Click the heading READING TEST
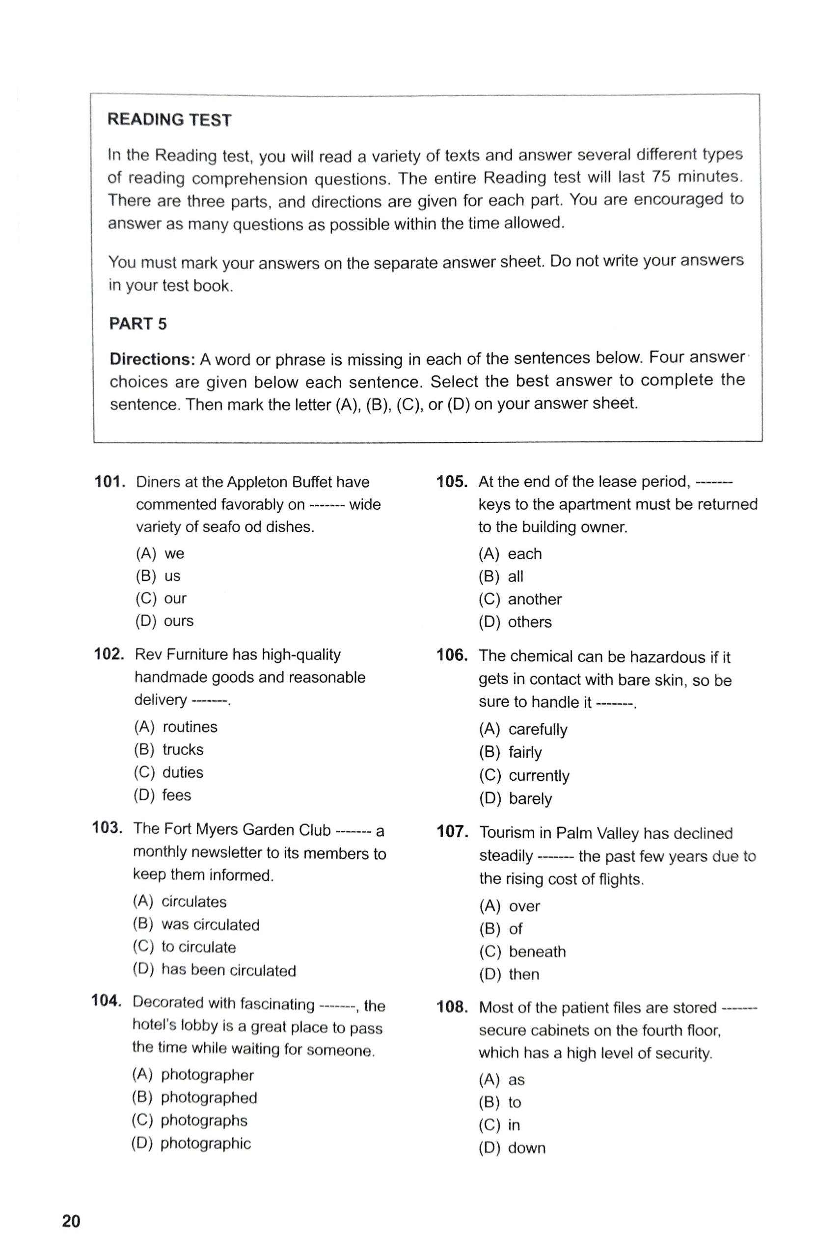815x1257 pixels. tap(169, 120)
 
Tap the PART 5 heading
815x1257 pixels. tap(137, 323)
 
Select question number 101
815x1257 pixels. tap(109, 482)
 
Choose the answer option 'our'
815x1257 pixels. tap(175, 599)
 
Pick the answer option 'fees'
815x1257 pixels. tap(176, 795)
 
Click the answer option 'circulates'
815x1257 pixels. tap(194, 902)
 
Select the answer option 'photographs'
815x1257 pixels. tap(204, 1120)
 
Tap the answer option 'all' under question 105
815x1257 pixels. tap(515, 576)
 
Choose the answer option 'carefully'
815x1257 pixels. tap(538, 729)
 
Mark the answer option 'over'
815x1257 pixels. tap(524, 906)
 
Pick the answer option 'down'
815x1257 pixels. tap(526, 1148)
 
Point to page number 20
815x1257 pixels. tap(71, 1221)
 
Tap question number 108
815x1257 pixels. tap(452, 1007)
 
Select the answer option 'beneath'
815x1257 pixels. tap(537, 952)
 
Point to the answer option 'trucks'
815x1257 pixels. tap(183, 749)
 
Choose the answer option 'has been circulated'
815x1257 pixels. tap(228, 970)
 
